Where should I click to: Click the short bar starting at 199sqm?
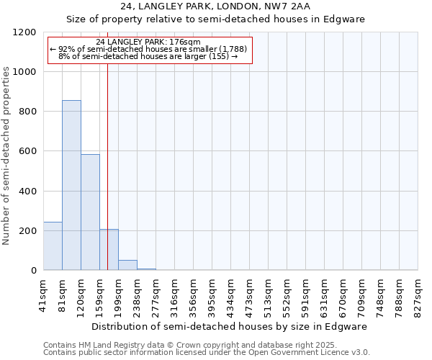[x=127, y=265]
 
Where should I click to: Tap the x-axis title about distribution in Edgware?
[x=230, y=326]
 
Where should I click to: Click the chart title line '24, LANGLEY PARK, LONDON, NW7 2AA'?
[x=215, y=6]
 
